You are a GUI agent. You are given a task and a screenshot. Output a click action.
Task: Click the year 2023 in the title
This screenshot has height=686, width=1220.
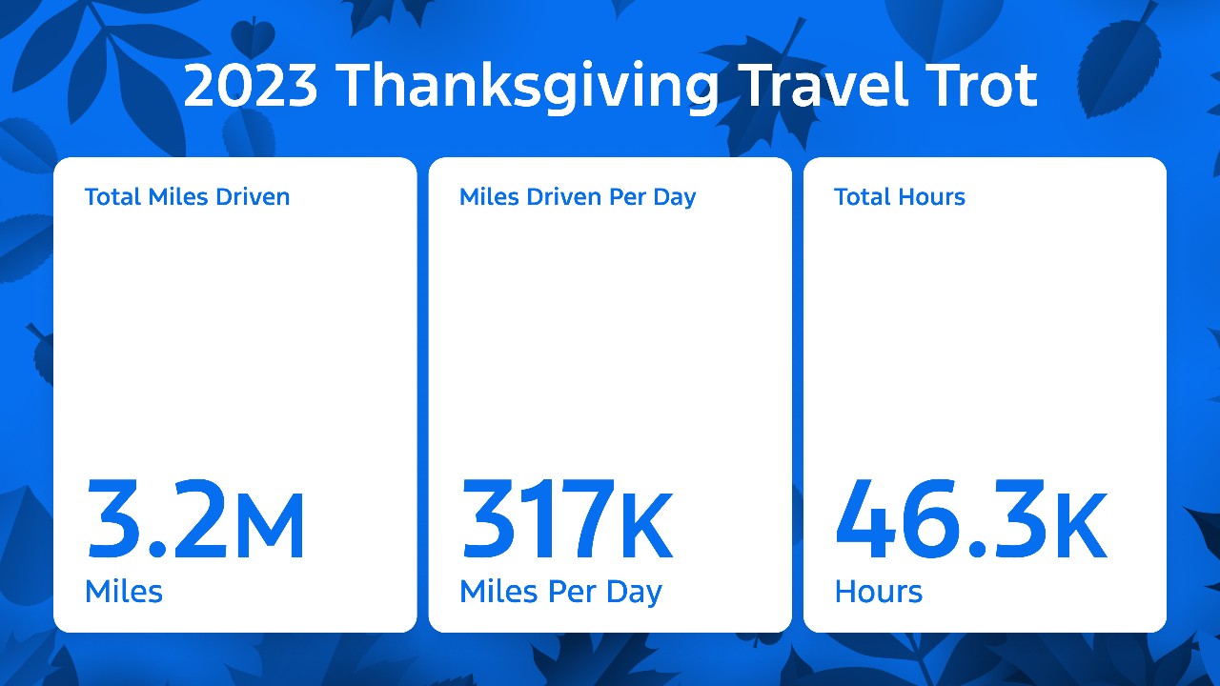pyautogui.click(x=251, y=86)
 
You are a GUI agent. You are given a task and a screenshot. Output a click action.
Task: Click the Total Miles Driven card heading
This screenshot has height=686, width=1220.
pyautogui.click(x=188, y=196)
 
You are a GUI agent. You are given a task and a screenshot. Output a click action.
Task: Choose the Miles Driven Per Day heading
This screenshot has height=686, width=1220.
pyautogui.click(x=578, y=197)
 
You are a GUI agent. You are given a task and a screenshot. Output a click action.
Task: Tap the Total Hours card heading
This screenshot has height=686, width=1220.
pyautogui.click(x=900, y=196)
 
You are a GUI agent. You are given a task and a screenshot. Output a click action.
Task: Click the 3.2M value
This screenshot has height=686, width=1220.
pyautogui.click(x=195, y=519)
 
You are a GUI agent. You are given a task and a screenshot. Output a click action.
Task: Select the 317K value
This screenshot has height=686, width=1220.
pyautogui.click(x=566, y=519)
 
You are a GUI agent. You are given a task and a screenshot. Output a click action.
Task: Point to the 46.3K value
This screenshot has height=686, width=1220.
pyautogui.click(x=971, y=519)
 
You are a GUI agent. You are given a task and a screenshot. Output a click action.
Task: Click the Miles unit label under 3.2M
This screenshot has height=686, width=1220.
pyautogui.click(x=124, y=591)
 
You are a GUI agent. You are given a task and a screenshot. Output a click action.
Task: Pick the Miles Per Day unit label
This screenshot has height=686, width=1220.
pyautogui.click(x=561, y=593)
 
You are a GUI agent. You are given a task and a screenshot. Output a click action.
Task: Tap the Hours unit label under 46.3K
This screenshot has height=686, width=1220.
pyautogui.click(x=879, y=592)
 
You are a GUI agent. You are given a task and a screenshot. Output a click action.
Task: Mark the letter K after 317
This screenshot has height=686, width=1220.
pyautogui.click(x=646, y=525)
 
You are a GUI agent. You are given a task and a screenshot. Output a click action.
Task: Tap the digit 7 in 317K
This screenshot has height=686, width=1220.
pyautogui.click(x=587, y=519)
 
